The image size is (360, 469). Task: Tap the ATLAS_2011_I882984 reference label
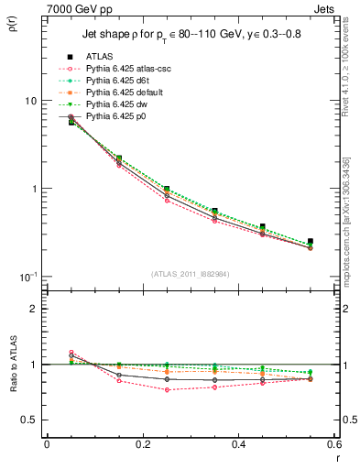191,275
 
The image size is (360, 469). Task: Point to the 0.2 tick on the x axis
142,444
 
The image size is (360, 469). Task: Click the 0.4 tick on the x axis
238,444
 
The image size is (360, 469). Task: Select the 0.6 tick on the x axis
333,444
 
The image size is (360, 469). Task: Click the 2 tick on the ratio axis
33,309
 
